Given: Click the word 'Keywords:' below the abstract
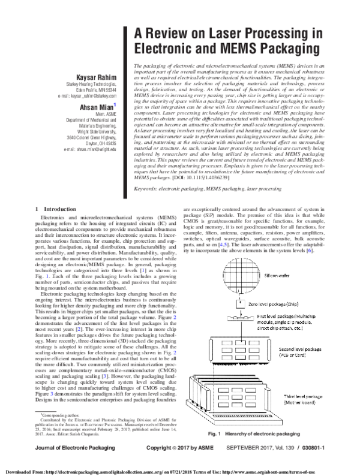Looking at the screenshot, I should click(x=148, y=171).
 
